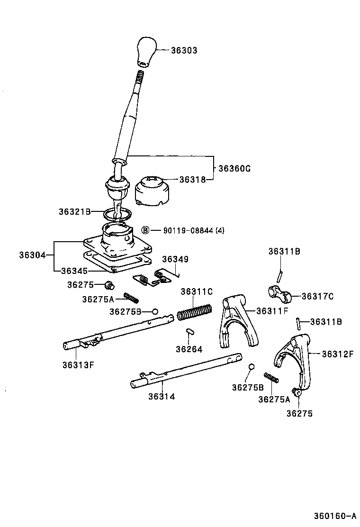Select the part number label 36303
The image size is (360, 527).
(184, 50)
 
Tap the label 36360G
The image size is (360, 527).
(234, 168)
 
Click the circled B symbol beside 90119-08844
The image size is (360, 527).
(146, 230)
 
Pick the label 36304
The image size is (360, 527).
(32, 255)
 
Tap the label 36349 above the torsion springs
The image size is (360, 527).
(175, 259)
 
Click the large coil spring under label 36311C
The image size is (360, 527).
(194, 312)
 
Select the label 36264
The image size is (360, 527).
(189, 349)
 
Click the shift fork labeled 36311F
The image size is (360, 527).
(236, 322)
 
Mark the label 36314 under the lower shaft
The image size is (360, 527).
(162, 396)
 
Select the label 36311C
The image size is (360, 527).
(196, 291)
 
